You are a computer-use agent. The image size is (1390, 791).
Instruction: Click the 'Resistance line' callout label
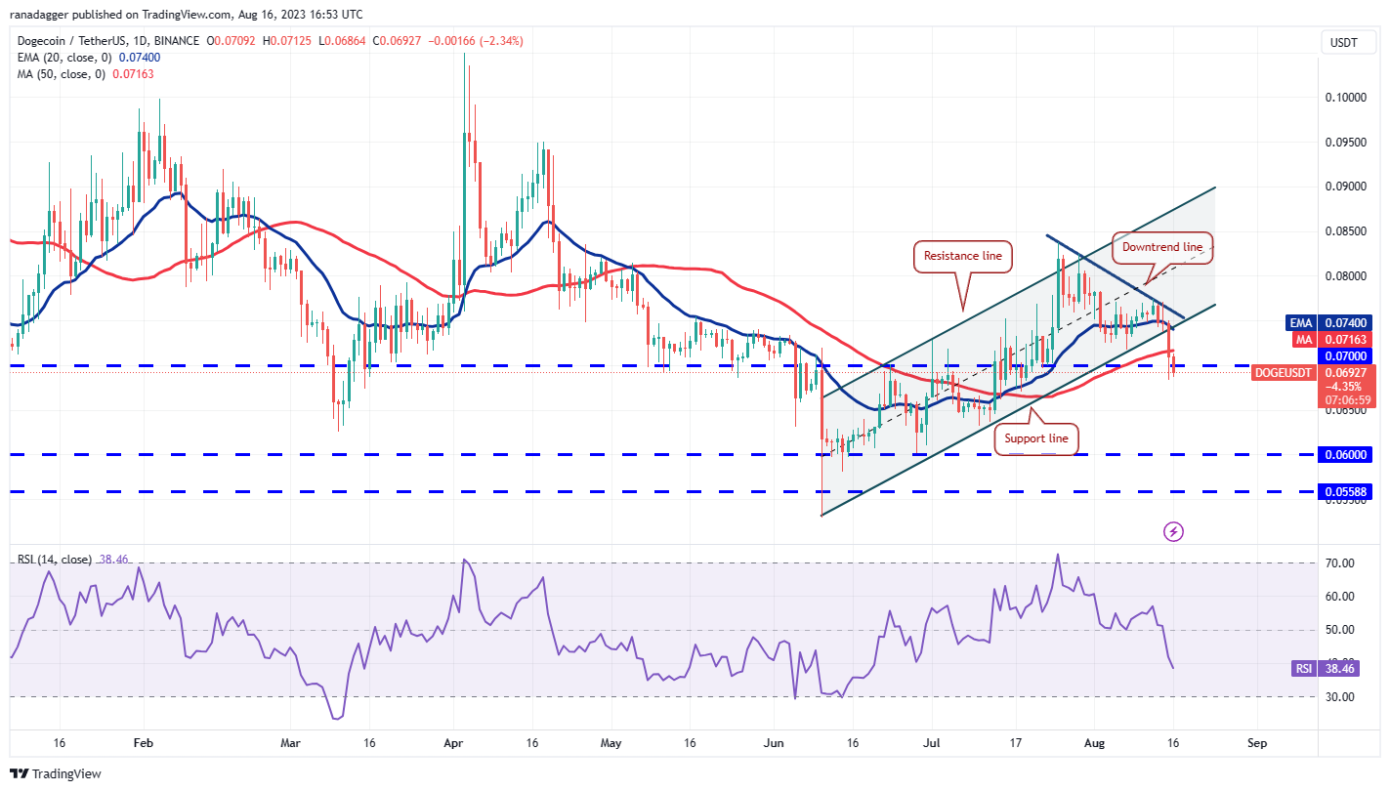pos(964,256)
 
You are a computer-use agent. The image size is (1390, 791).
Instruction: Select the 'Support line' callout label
pos(1036,439)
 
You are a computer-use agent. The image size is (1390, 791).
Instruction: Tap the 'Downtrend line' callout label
pos(1162,248)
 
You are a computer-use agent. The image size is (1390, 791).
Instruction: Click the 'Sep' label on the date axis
pos(1257,743)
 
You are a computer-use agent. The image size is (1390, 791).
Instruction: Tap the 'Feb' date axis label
pos(143,743)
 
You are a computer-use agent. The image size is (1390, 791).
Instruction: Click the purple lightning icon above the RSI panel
pos(1174,531)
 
